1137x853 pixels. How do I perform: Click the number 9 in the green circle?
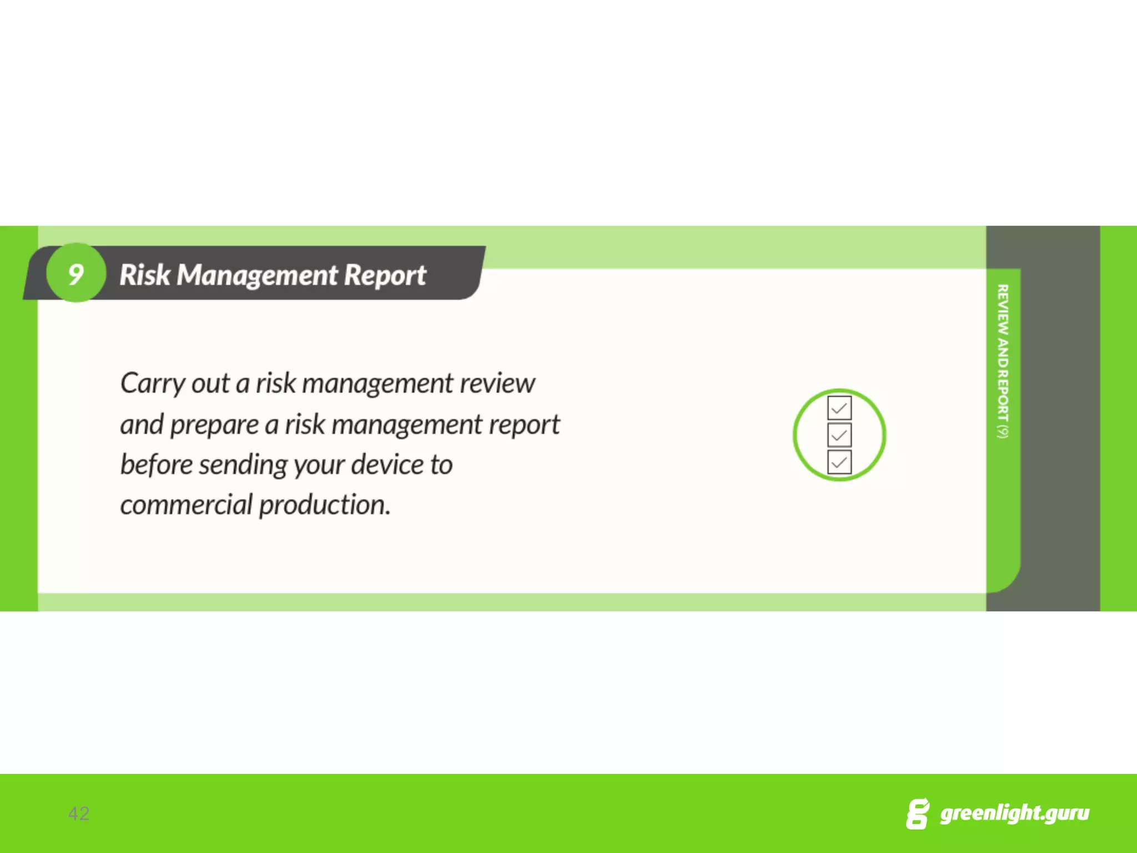76,274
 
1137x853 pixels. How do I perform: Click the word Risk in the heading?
144,275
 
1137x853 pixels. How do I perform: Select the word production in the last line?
324,505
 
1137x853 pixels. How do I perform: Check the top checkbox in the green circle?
839,408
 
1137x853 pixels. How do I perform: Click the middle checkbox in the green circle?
839,435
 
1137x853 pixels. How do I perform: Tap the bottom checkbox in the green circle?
839,462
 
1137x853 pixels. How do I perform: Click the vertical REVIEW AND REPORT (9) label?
1002,361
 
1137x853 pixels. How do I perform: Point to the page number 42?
78,814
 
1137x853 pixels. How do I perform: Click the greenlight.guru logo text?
1014,813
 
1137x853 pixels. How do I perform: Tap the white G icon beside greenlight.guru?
917,814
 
